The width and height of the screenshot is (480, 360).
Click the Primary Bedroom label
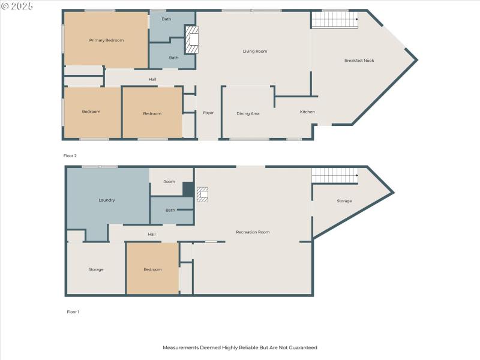point(106,40)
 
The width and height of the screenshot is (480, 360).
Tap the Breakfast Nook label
point(359,61)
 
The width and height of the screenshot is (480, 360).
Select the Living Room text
point(254,52)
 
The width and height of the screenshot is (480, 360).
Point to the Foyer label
point(208,113)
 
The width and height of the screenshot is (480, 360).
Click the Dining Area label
point(248,113)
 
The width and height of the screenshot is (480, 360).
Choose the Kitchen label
point(307,112)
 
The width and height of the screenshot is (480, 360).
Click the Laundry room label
point(106,200)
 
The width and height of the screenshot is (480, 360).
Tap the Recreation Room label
point(253,232)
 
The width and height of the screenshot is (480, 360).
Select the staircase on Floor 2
point(334,20)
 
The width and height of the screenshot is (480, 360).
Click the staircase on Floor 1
point(334,175)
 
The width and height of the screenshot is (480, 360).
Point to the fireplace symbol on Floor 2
point(191,40)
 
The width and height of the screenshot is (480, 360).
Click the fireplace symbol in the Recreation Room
point(203,194)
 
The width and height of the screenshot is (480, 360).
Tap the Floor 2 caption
point(70,156)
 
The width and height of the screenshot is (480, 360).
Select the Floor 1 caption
point(72,312)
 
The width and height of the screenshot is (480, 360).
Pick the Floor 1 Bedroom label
point(152,269)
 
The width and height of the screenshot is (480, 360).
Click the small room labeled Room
point(169,181)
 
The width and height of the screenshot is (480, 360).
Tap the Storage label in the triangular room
point(344,201)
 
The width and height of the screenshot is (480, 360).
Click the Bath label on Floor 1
point(170,210)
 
